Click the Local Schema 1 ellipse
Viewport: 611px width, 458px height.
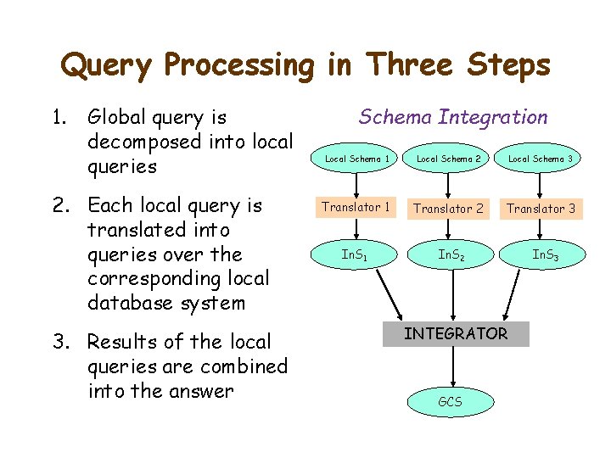pos(356,159)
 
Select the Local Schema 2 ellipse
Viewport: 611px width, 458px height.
pos(449,159)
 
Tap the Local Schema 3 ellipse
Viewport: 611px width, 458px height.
pos(540,159)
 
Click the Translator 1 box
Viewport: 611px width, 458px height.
pos(356,207)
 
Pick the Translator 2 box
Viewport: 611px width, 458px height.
pos(449,208)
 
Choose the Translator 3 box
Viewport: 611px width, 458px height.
pos(541,208)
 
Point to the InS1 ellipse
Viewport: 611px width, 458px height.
pos(355,254)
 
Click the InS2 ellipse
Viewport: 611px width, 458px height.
pos(451,254)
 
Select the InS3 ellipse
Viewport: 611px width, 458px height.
pos(544,254)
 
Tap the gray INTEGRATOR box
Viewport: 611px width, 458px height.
pos(456,334)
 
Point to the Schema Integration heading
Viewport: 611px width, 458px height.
pos(453,117)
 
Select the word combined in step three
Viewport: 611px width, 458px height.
pos(245,366)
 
